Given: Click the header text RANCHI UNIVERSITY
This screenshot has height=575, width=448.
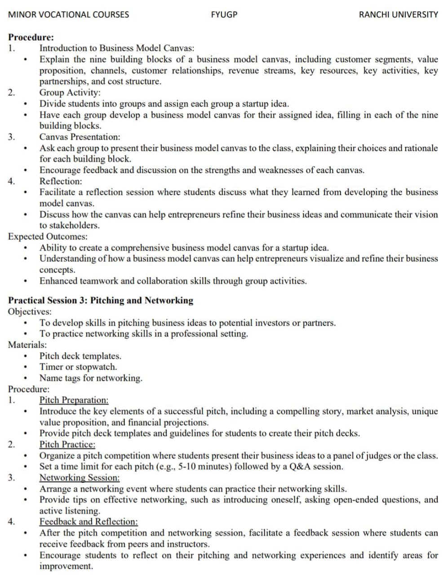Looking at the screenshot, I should (x=398, y=14).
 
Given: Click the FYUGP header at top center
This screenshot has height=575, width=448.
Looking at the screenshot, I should (x=224, y=14).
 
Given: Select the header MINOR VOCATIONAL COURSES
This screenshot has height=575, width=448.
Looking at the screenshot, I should (x=69, y=14).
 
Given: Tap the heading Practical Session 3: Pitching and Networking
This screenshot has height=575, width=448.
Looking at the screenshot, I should (x=101, y=301).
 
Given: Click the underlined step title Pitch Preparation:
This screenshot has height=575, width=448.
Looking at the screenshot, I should (x=74, y=400).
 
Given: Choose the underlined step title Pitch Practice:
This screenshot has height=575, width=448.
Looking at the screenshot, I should (x=67, y=444).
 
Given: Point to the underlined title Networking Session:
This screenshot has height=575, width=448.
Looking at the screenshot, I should (x=80, y=478).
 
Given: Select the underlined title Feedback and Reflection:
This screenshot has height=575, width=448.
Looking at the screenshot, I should (x=89, y=522).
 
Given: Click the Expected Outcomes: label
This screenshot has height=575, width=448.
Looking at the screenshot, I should (x=48, y=236).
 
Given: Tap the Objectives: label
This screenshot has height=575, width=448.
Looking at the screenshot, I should (x=30, y=311).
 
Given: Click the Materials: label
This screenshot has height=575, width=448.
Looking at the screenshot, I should (x=27, y=345).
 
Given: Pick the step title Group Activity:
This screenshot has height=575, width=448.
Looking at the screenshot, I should (x=70, y=93).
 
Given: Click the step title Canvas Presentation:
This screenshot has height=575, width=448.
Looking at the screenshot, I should (x=80, y=137).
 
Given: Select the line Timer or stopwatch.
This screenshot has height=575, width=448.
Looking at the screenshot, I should (x=78, y=367).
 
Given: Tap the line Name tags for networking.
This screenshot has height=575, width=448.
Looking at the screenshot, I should (x=91, y=378).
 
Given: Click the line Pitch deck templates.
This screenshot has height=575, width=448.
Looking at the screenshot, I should (x=80, y=356).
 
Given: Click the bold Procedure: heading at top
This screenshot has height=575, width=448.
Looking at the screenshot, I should (x=31, y=37).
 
